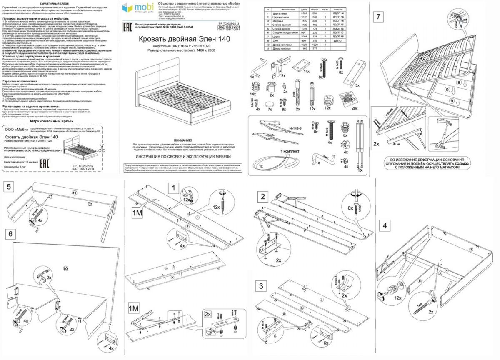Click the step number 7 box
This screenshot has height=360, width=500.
click(378, 17)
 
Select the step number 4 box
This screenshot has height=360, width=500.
click(385, 226)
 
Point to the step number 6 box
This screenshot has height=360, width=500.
click(10, 234)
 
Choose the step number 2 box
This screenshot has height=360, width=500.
click(262, 197)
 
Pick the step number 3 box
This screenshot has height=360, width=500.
click(261, 286)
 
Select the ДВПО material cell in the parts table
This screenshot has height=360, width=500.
click(339, 40)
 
